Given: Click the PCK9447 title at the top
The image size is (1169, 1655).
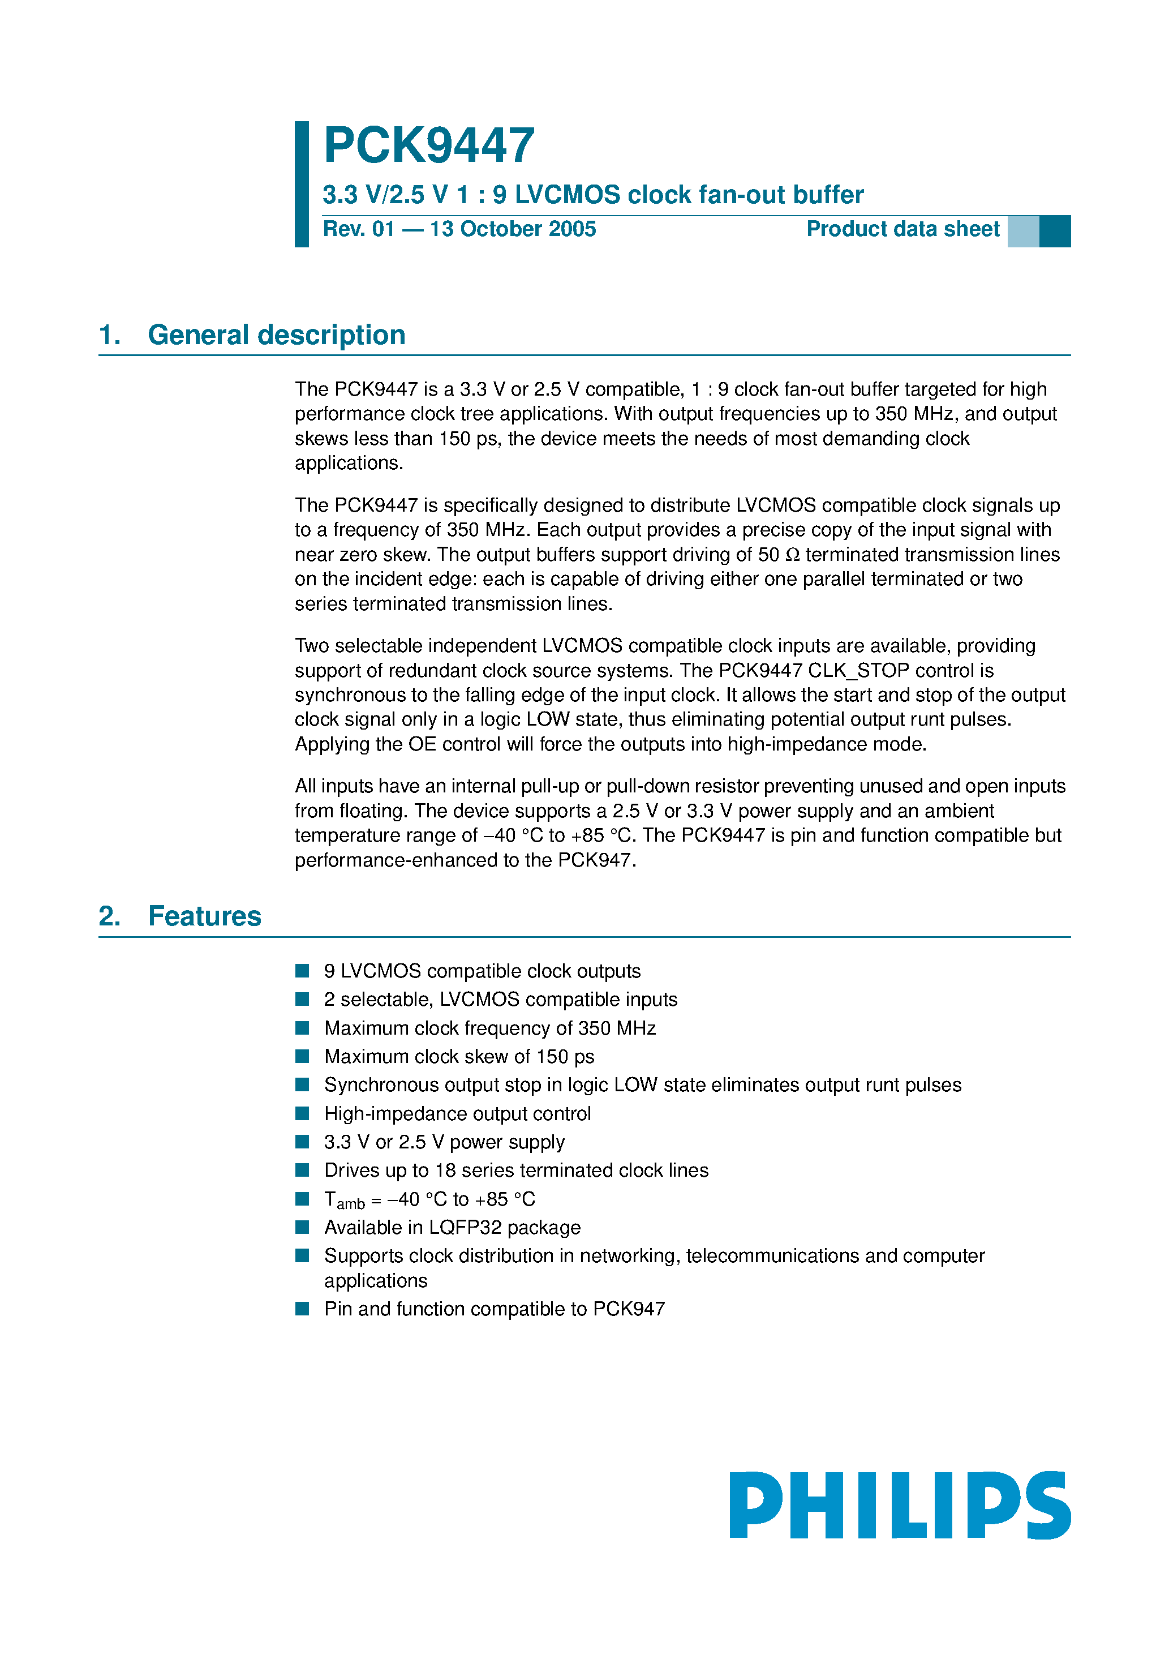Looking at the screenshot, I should [x=429, y=145].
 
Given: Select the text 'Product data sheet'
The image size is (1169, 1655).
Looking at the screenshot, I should [x=902, y=229].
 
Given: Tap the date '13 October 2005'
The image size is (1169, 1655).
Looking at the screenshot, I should [x=513, y=229].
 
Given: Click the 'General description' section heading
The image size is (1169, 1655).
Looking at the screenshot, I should [x=276, y=335].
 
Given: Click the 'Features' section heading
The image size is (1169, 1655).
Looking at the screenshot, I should [x=205, y=916].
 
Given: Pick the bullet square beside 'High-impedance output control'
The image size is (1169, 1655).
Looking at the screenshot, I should [x=302, y=1114].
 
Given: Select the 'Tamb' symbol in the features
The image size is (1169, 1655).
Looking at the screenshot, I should [x=344, y=1200].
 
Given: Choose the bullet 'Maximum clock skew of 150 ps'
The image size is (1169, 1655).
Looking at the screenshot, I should [x=459, y=1057].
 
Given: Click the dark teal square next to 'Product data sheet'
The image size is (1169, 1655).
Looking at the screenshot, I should [x=1054, y=231].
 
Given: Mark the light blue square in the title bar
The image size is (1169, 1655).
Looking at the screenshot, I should [x=1022, y=231].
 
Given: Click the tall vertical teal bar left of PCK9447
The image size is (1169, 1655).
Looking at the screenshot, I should [x=301, y=184].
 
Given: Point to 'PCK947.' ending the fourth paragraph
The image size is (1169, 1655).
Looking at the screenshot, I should [x=597, y=861].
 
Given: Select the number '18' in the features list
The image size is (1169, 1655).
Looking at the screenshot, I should [x=445, y=1170].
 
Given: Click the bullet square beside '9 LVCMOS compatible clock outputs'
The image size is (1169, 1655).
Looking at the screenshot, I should [x=302, y=971].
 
